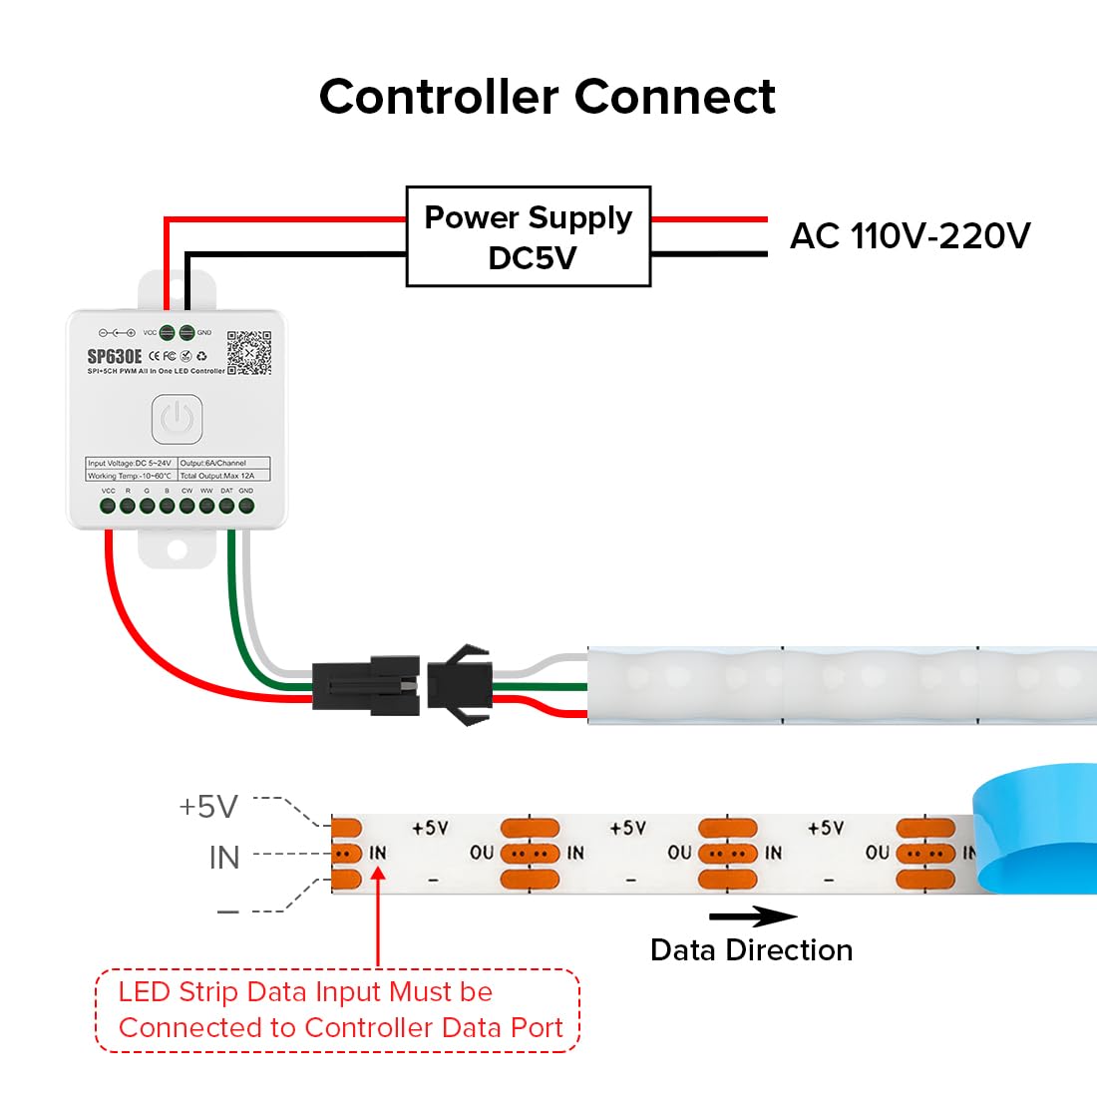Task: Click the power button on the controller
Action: pyautogui.click(x=177, y=419)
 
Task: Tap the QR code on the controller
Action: pyautogui.click(x=248, y=353)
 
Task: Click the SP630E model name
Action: pyautogui.click(x=115, y=356)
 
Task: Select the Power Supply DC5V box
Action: pyautogui.click(x=529, y=236)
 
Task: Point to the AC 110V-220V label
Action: pyautogui.click(x=910, y=236)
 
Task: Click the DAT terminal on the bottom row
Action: pyautogui.click(x=226, y=506)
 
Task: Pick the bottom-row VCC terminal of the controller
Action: pyautogui.click(x=108, y=506)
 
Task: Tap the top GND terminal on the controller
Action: pyautogui.click(x=186, y=333)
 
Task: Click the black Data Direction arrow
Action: pyautogui.click(x=753, y=916)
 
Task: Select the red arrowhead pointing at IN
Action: pyautogui.click(x=378, y=875)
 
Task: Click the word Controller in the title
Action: pyautogui.click(x=438, y=97)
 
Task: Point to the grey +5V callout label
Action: pyautogui.click(x=208, y=806)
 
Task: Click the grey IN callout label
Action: pyautogui.click(x=224, y=857)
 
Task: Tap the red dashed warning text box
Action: pyautogui.click(x=338, y=1010)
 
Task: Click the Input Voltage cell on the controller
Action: pyautogui.click(x=131, y=463)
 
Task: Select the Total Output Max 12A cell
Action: pyautogui.click(x=223, y=476)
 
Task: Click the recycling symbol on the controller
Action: pyautogui.click(x=201, y=356)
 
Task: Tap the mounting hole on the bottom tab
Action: pyautogui.click(x=177, y=549)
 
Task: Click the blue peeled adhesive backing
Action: pyautogui.click(x=1037, y=828)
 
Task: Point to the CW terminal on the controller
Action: pyautogui.click(x=186, y=506)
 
